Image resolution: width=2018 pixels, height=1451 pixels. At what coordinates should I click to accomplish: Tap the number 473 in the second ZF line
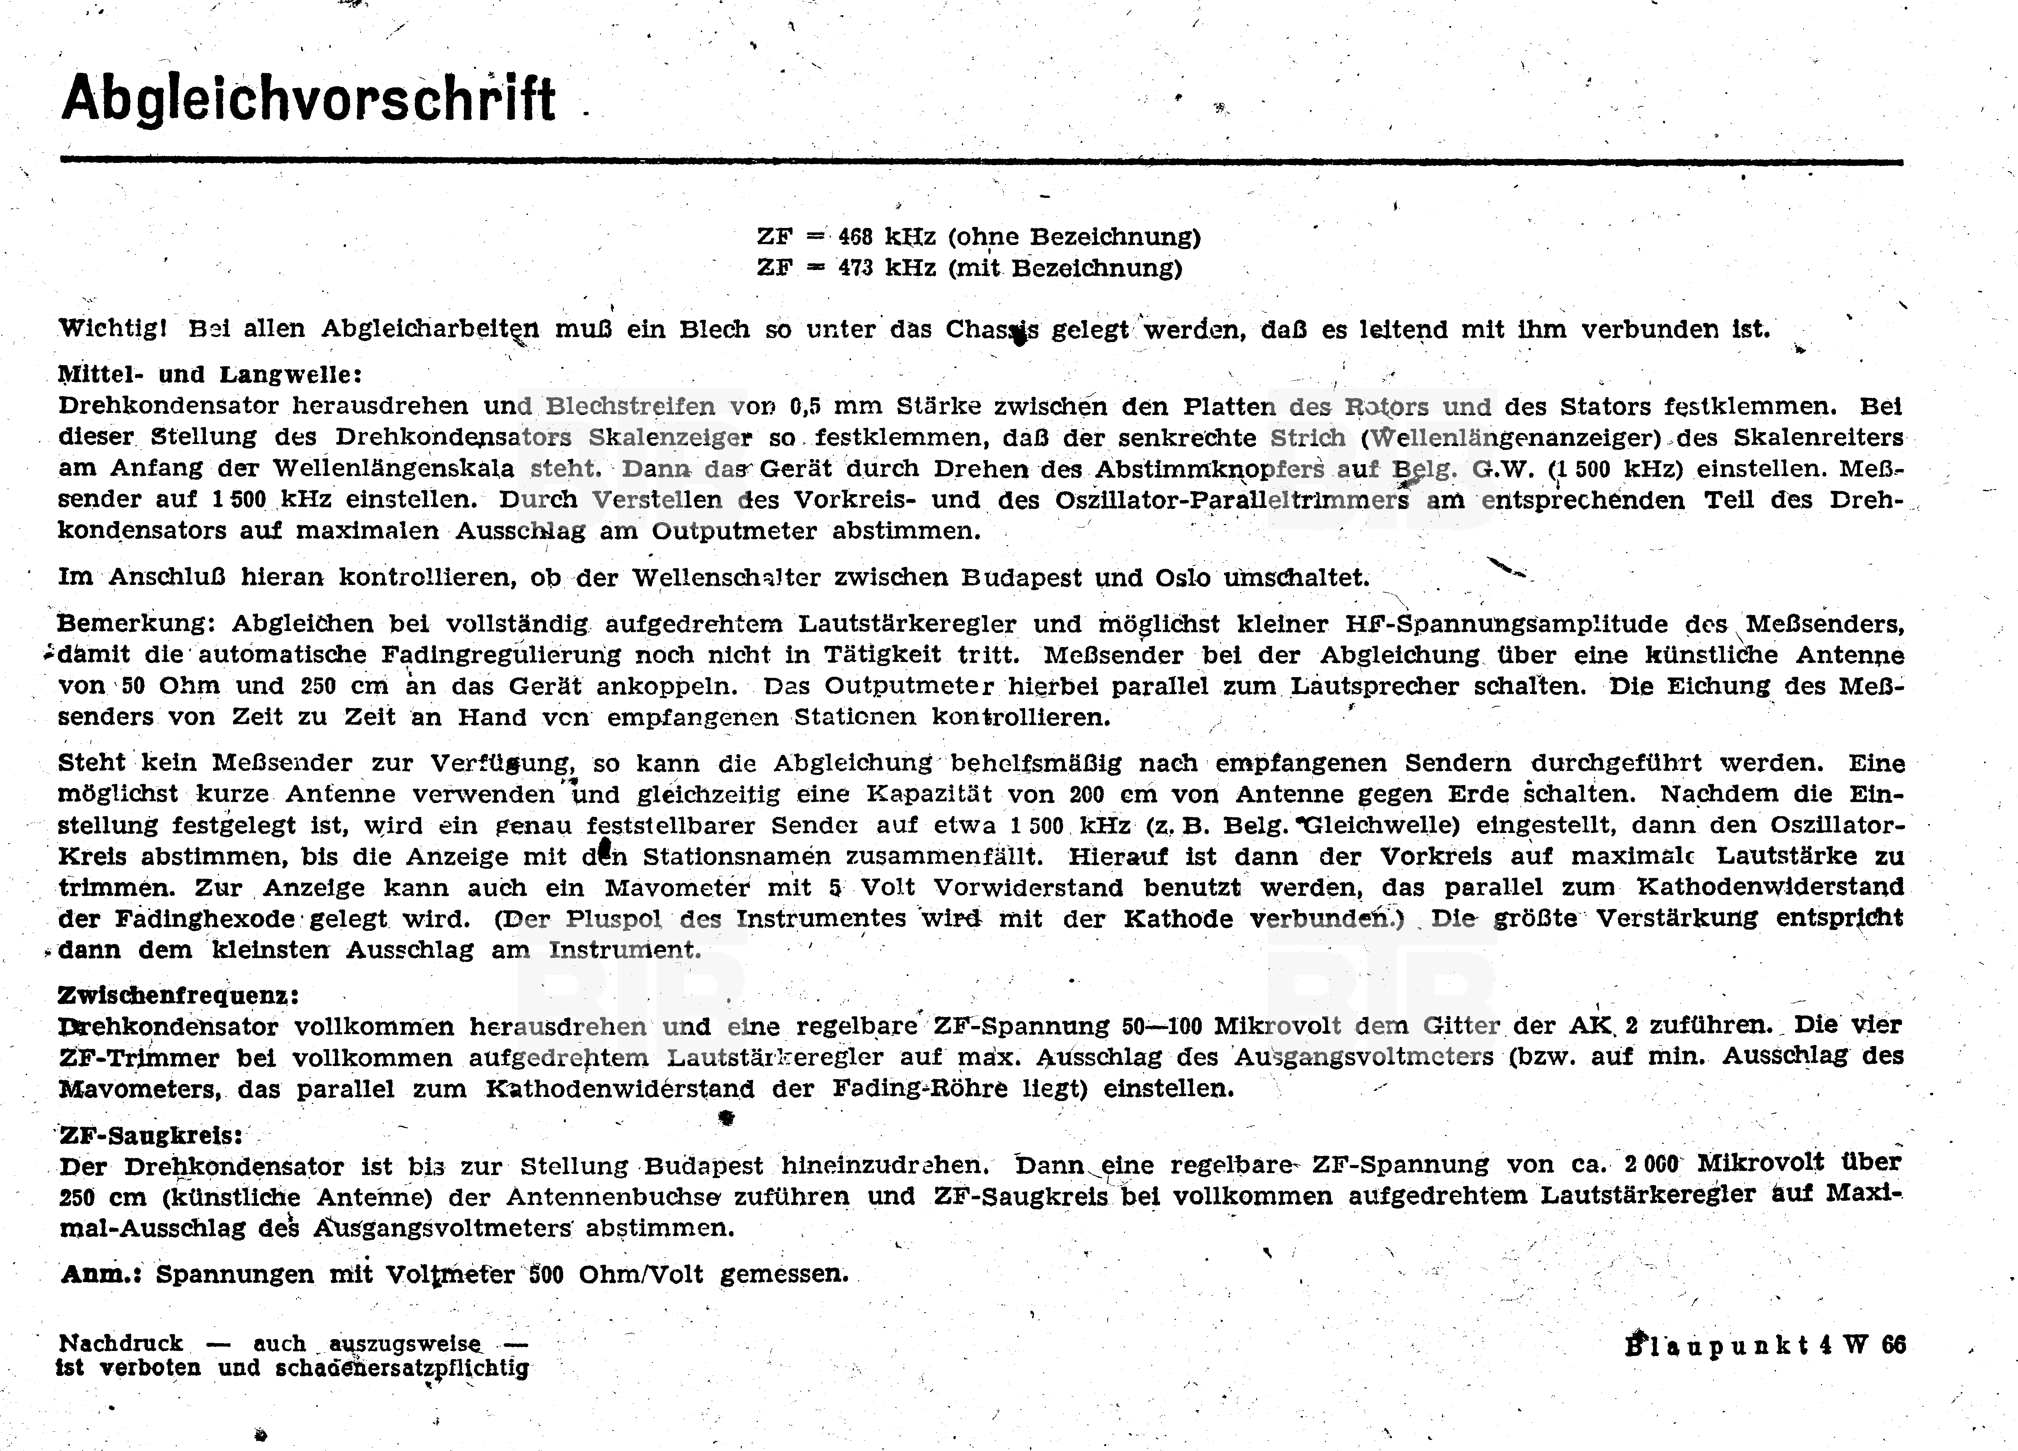(x=855, y=268)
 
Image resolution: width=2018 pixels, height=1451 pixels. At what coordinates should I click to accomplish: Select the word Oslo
(x=1184, y=578)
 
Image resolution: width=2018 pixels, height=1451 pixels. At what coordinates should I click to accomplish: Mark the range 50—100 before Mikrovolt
(x=1161, y=1026)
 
